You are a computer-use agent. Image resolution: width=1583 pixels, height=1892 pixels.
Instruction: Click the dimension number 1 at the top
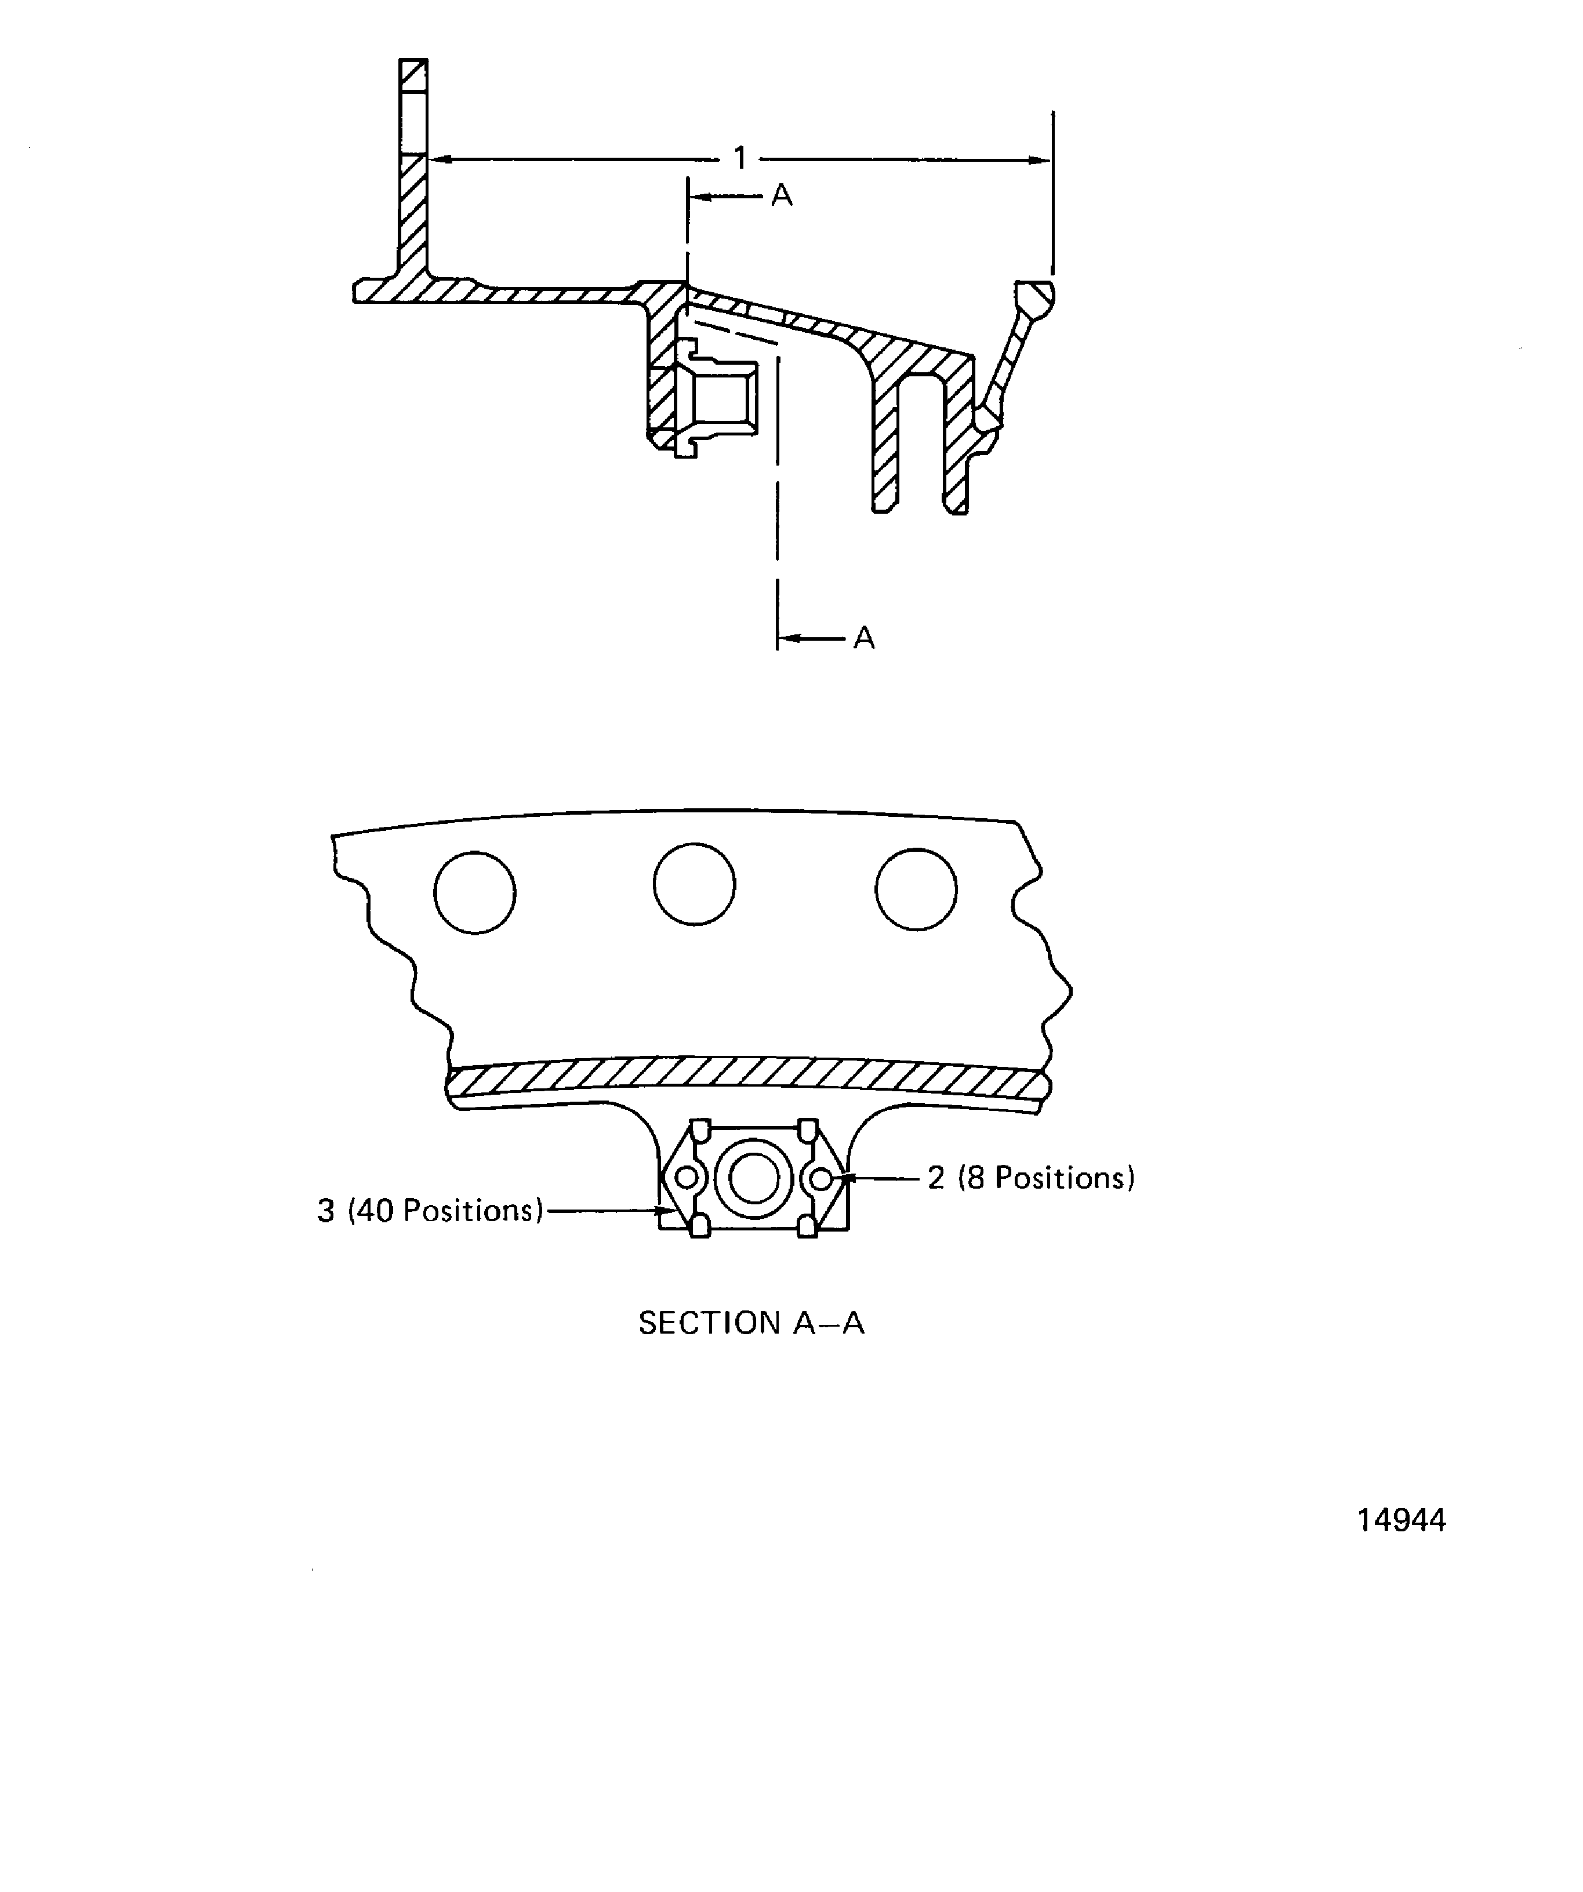tap(740, 158)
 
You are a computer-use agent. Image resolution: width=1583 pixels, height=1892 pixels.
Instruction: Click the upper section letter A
tap(781, 195)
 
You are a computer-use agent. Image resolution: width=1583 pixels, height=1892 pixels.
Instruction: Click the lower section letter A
tap(863, 638)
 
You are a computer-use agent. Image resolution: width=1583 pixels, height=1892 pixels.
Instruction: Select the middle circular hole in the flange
tap(694, 884)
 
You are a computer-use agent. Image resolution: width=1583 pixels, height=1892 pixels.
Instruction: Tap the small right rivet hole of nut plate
tap(820, 1178)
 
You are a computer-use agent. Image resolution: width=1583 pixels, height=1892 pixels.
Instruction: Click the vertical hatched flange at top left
tap(413, 171)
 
